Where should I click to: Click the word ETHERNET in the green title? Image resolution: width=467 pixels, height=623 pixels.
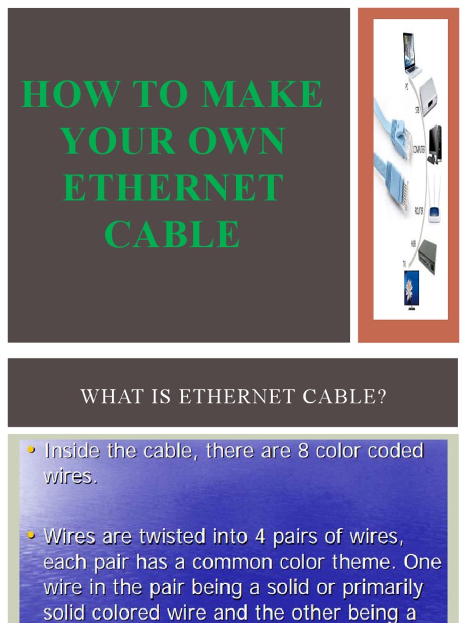coord(173,187)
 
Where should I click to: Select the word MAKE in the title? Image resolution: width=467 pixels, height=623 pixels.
coord(262,94)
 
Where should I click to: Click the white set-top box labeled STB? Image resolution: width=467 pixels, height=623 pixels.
coord(429,96)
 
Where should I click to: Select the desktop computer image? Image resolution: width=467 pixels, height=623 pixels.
coord(434,145)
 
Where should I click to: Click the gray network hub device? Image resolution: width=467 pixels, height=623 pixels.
coord(427,256)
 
